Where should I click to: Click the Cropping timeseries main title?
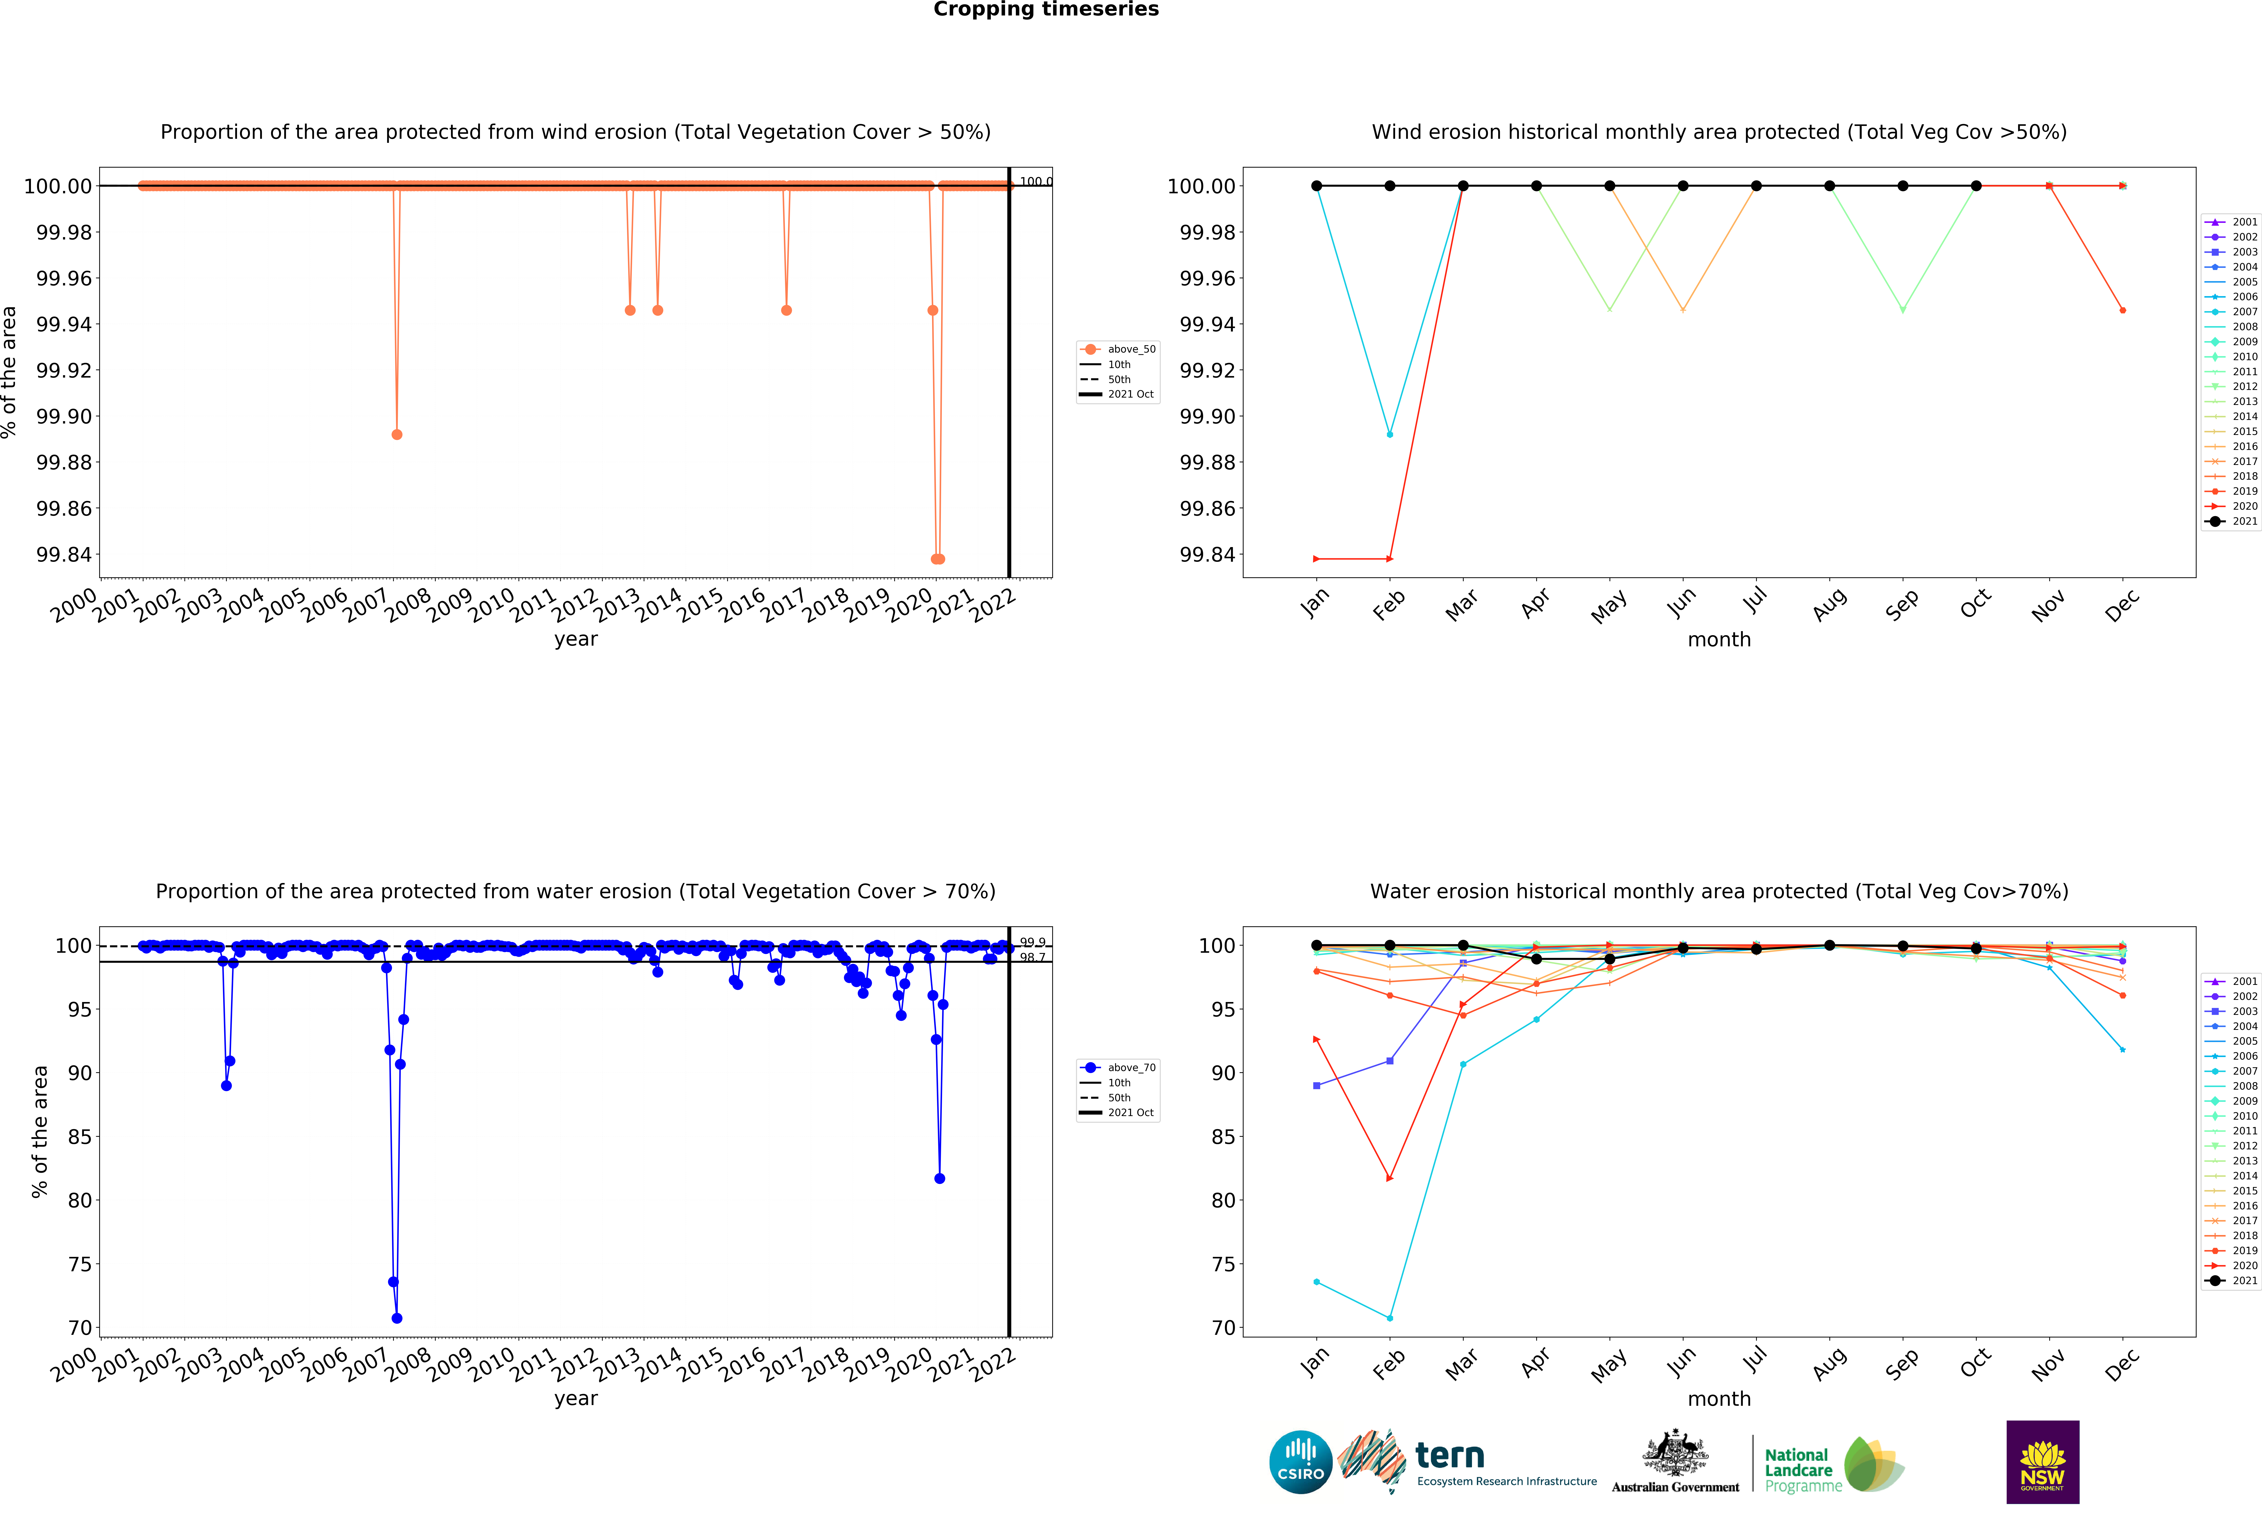tap(1045, 10)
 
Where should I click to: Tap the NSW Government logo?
tap(2042, 1462)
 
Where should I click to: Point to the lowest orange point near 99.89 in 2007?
tap(397, 434)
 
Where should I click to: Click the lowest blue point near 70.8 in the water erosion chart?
tap(397, 1318)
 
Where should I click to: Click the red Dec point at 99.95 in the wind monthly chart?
tap(2122, 310)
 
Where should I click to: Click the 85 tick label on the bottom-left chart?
tap(80, 1137)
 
